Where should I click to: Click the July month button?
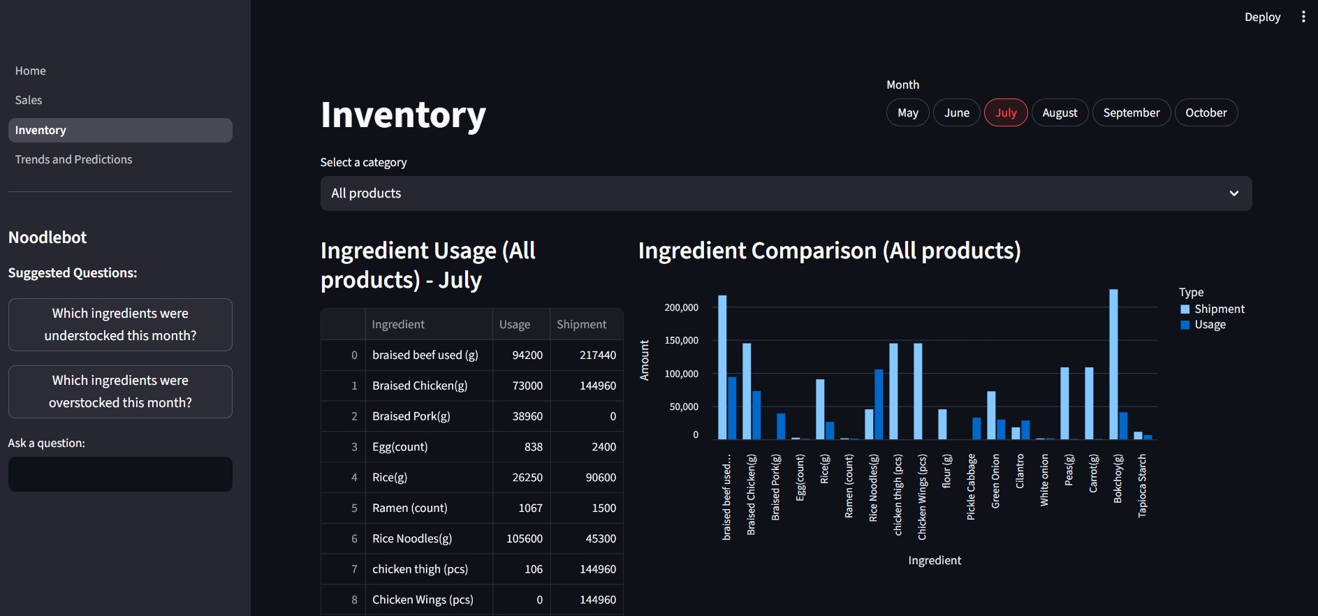pos(1006,112)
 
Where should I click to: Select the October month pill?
pos(1206,112)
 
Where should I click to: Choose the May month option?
pos(907,112)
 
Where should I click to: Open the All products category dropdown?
pos(786,193)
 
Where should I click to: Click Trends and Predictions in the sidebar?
pos(73,159)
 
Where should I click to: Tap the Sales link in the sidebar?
pos(29,100)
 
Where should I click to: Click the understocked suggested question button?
pos(120,325)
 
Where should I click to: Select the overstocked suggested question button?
pos(120,392)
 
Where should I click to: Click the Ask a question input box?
pos(120,474)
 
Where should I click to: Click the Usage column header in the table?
pos(515,324)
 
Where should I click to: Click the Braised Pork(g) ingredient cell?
pos(411,416)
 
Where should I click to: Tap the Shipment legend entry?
pos(1219,309)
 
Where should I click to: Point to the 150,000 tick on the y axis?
pos(681,340)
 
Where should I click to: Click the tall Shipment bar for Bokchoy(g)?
pos(1113,363)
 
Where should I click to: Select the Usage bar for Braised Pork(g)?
pos(781,426)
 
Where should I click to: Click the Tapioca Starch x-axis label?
pos(1142,485)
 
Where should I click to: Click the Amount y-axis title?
pos(644,360)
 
